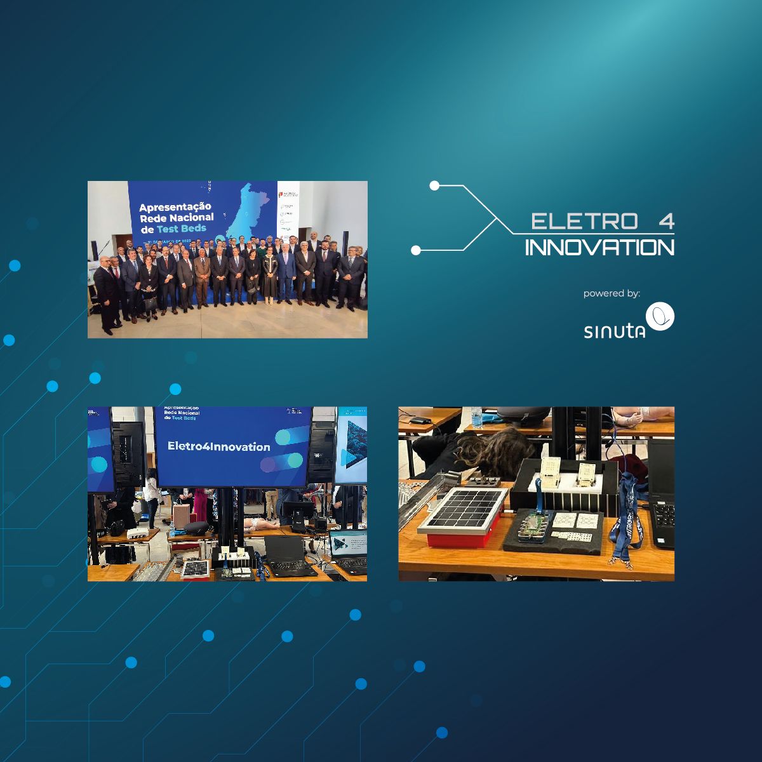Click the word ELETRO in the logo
584,222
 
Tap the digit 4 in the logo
666,222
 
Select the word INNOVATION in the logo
599,248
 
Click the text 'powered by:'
612,293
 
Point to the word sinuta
614,331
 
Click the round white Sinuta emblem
660,316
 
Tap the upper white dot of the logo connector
434,185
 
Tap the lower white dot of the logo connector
416,250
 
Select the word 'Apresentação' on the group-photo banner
175,206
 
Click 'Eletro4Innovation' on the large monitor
218,446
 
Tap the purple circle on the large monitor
268,465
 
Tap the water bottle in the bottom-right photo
476,417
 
